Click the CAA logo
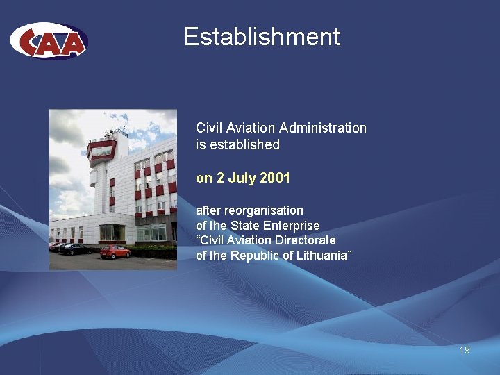click(x=49, y=41)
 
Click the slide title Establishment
click(x=262, y=37)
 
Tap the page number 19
click(x=465, y=350)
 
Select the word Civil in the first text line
click(x=208, y=128)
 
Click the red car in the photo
click(x=115, y=251)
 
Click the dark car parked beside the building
click(x=73, y=249)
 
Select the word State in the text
click(x=246, y=225)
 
